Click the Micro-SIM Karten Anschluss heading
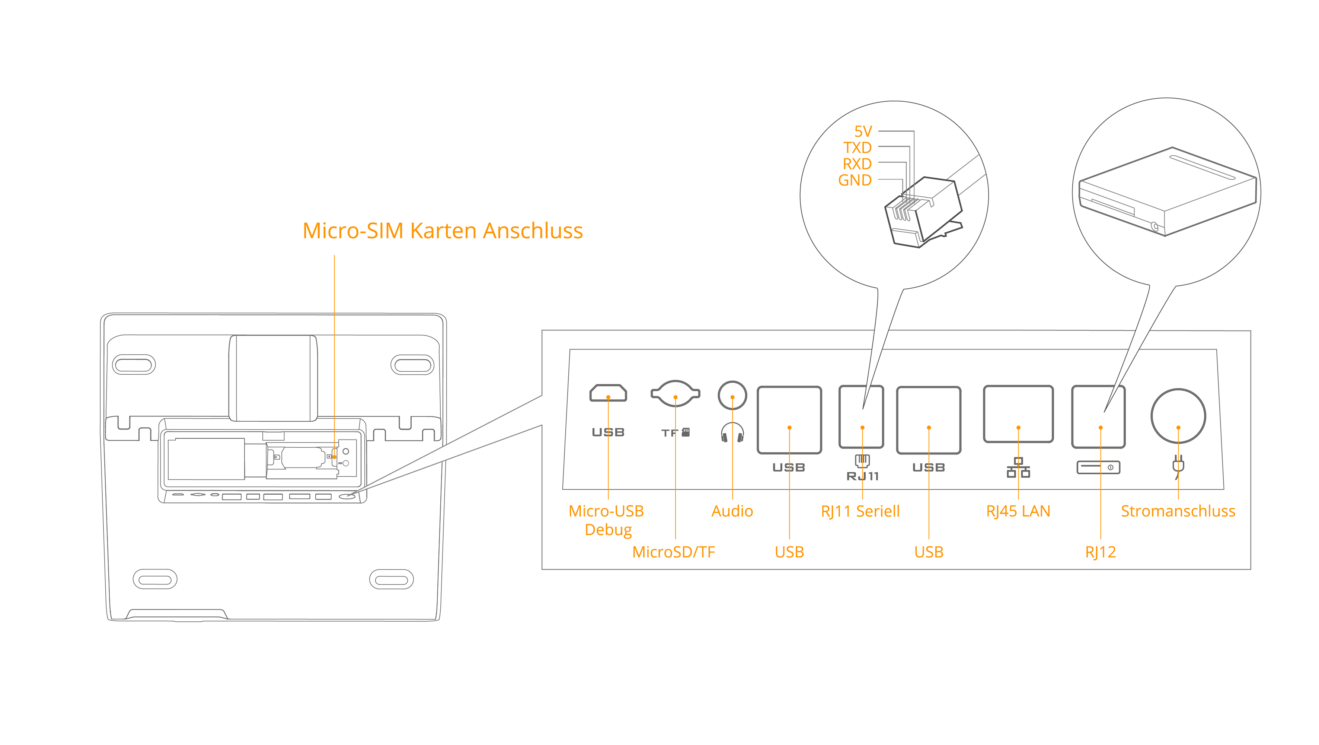click(443, 231)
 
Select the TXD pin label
click(857, 148)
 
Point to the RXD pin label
click(857, 164)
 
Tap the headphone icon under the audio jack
click(732, 432)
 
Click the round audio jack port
click(732, 396)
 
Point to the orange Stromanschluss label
click(1178, 511)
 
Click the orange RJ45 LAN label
click(1018, 511)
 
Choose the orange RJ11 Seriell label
click(860, 511)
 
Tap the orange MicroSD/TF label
click(673, 552)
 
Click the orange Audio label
click(732, 511)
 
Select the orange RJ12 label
click(1101, 552)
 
